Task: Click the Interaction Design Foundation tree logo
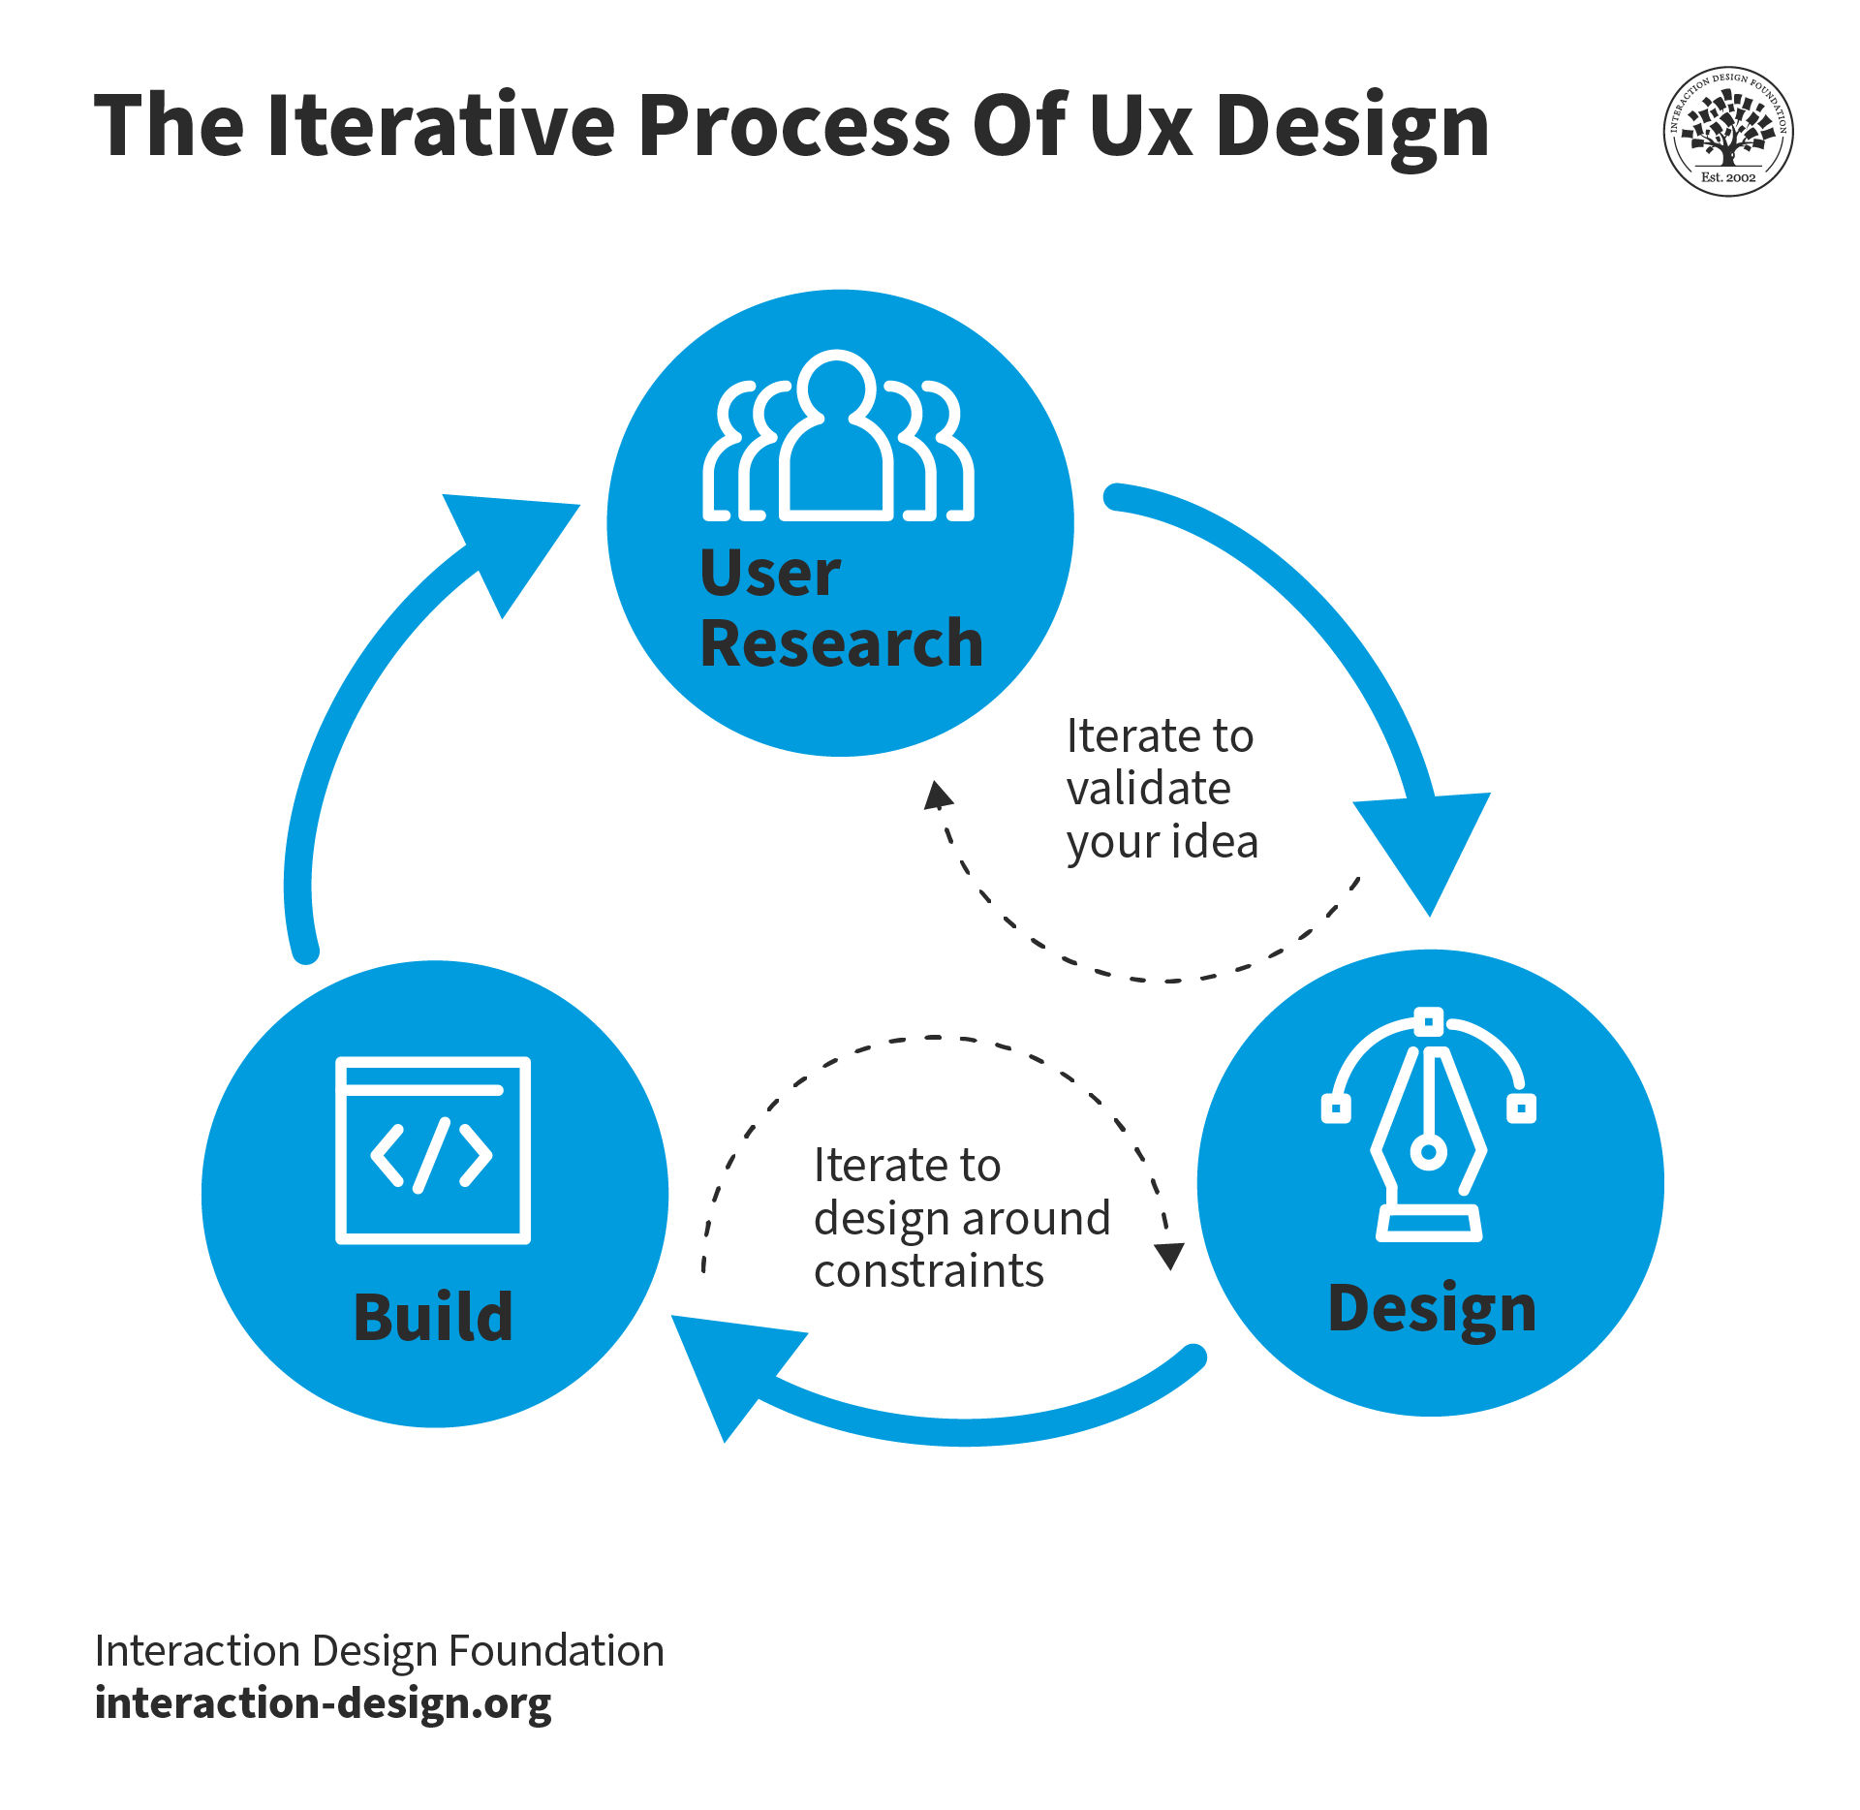coord(1727,132)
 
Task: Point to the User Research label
coord(840,609)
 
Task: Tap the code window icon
coord(432,1150)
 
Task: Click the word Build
coord(432,1318)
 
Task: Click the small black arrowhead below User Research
coord(938,796)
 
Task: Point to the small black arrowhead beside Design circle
coord(1170,1256)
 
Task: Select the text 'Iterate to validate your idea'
coord(1161,789)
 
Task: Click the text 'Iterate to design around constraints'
coord(960,1217)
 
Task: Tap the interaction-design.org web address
coord(323,1702)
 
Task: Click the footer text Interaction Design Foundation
coord(379,1650)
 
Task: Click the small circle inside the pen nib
coord(1428,1152)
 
